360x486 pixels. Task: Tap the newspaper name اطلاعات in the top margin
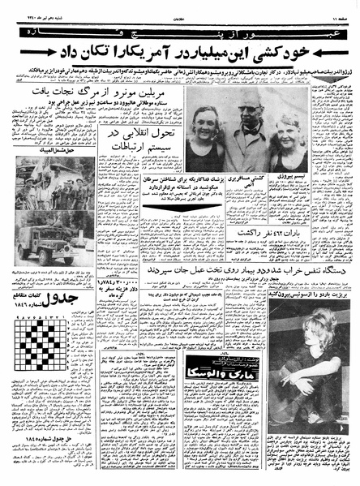click(179, 5)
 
